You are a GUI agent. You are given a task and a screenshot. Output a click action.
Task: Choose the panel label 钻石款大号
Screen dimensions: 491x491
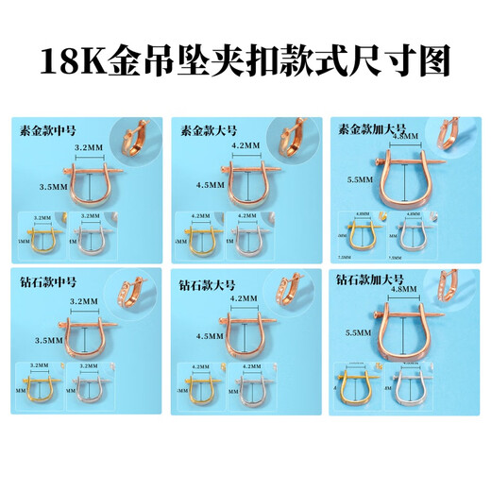[205, 282]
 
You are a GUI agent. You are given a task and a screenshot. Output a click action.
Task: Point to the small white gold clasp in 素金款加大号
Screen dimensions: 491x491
[408, 236]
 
